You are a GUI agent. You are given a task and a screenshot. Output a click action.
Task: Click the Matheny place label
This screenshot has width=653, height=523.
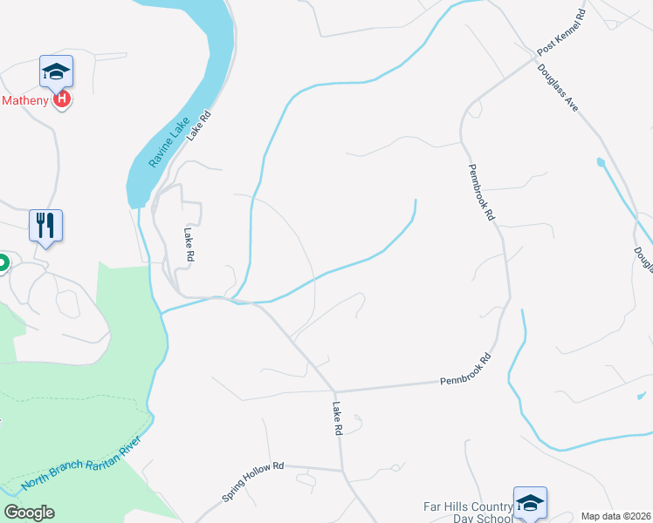coord(25,100)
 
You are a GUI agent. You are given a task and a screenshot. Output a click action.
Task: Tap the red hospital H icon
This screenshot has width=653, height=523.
coord(61,100)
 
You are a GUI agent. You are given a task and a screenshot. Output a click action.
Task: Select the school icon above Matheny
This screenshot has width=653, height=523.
coord(57,72)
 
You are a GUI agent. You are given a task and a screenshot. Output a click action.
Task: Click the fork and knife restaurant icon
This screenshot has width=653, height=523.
coord(45,226)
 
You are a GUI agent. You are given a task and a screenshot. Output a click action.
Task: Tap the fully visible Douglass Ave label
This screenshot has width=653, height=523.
coord(558,86)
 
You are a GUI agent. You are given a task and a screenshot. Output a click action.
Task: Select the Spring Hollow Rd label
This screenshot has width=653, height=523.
coord(253,481)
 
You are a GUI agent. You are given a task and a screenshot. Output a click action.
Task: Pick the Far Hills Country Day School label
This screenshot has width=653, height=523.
coord(468,512)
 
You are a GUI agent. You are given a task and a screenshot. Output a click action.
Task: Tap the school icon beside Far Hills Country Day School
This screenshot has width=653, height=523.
coord(529,503)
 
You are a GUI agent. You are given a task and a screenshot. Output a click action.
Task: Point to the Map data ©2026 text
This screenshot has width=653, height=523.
coord(615,516)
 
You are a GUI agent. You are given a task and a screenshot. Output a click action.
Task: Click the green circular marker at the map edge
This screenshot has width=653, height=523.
coord(2,261)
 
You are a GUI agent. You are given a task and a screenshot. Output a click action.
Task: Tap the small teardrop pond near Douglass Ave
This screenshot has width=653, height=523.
coord(600,162)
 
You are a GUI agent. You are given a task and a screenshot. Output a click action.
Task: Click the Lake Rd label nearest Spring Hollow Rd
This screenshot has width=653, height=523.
coord(337,418)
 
